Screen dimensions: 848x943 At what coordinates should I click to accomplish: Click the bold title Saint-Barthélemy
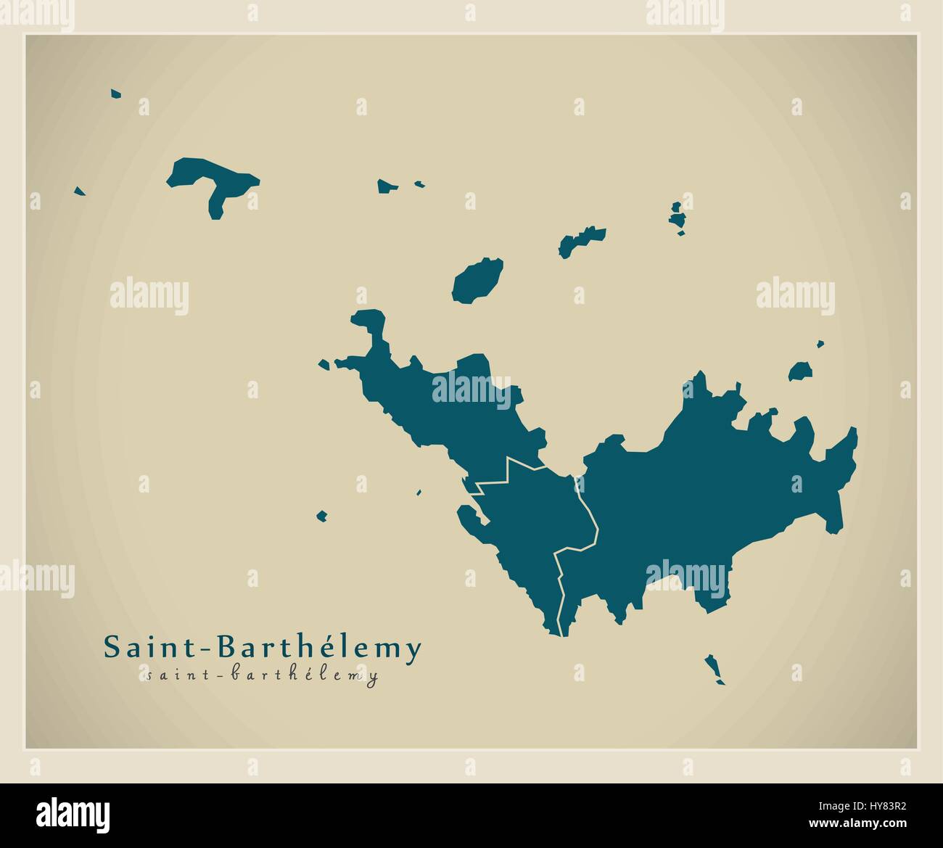(262, 648)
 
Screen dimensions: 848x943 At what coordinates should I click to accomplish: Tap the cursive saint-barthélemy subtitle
(262, 676)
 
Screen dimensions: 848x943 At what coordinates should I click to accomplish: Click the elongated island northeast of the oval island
(580, 242)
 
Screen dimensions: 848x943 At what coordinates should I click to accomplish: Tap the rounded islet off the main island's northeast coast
(800, 372)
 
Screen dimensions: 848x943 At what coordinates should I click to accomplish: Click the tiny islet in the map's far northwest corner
(115, 94)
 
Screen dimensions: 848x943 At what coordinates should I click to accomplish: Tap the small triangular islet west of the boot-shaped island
(80, 192)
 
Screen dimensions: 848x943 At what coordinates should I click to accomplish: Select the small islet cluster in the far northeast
(678, 217)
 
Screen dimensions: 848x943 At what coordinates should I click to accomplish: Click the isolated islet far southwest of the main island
(321, 516)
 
